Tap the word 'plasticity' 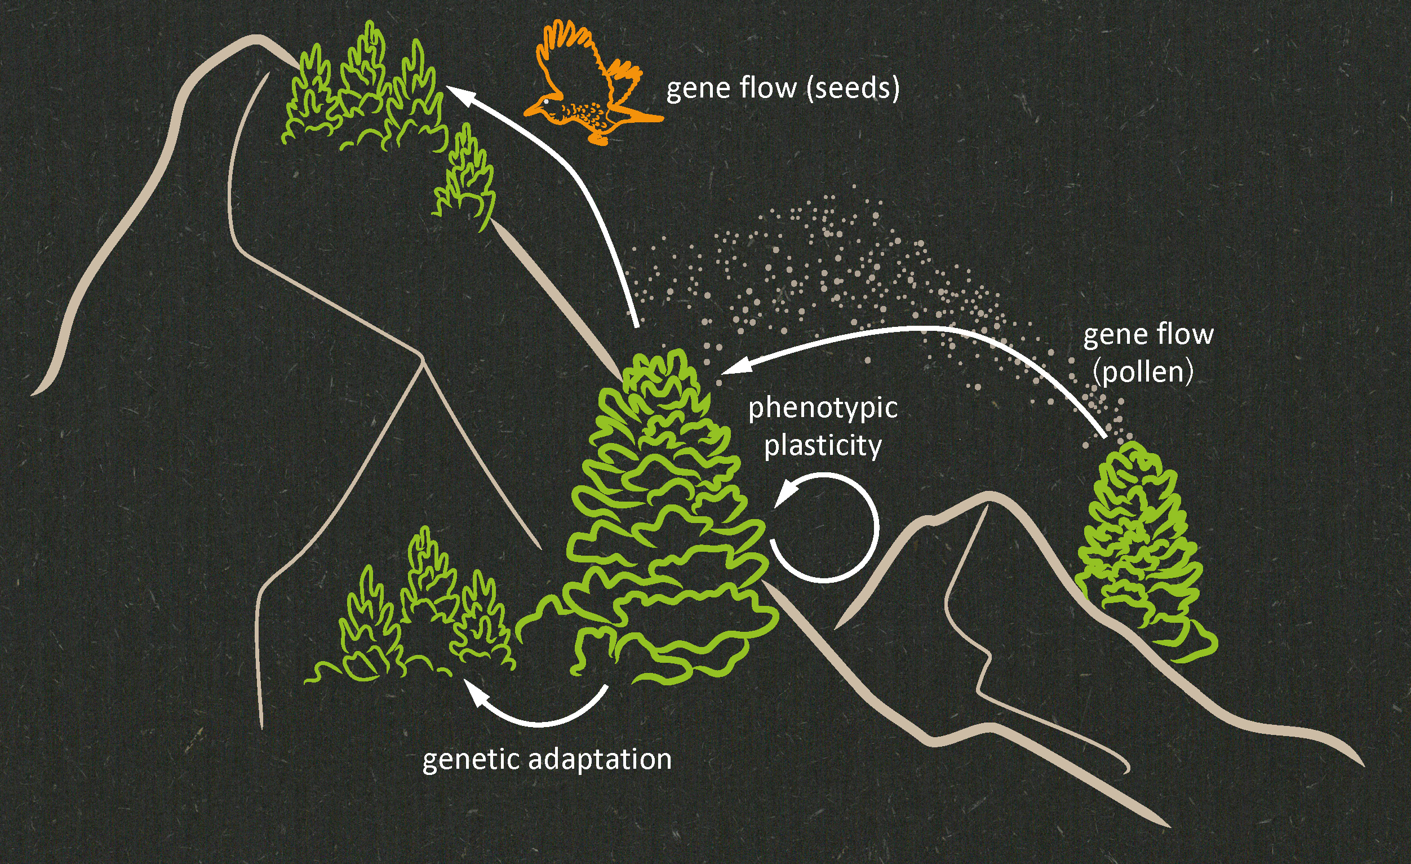pos(823,446)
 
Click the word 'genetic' pos(471,760)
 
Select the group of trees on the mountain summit pos(361,92)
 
